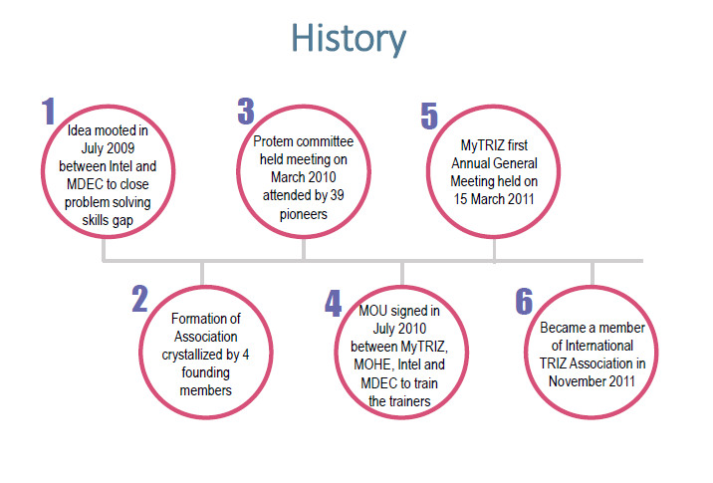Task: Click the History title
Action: coord(349,39)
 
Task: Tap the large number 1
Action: coord(49,112)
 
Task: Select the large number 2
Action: coord(140,299)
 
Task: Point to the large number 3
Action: coord(246,112)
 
